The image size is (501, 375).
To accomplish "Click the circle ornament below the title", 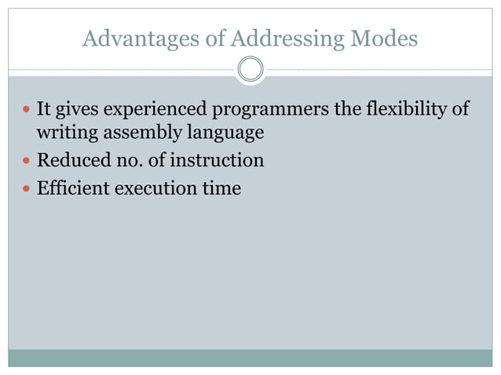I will pyautogui.click(x=251, y=70).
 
